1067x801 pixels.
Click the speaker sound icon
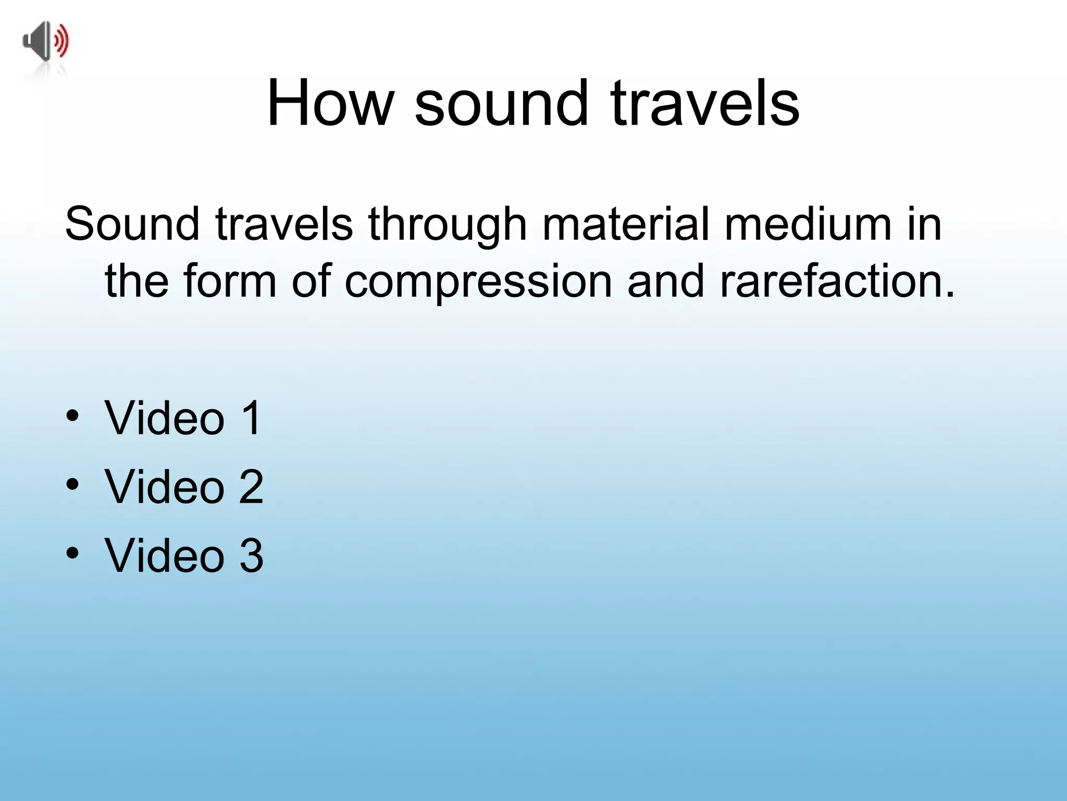pyautogui.click(x=45, y=42)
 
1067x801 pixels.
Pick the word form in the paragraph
pyautogui.click(x=229, y=282)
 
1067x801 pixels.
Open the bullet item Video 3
pyautogui.click(x=184, y=555)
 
